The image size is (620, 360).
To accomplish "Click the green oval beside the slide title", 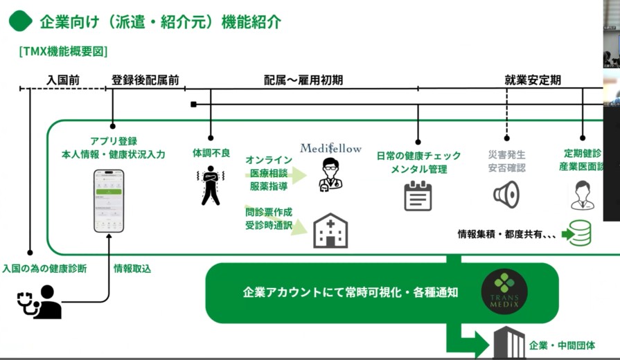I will pyautogui.click(x=21, y=21).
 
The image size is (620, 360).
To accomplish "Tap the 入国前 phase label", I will pyautogui.click(x=63, y=80).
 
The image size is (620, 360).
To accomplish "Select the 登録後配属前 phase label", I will pyautogui.click(x=145, y=80).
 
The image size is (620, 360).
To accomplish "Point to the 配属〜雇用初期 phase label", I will pyautogui.click(x=303, y=80).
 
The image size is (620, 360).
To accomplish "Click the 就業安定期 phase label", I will pyautogui.click(x=532, y=80).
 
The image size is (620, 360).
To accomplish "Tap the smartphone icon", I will pyautogui.click(x=109, y=201).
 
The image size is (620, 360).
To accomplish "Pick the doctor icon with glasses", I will pyautogui.click(x=330, y=175).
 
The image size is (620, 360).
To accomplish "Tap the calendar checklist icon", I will pyautogui.click(x=418, y=195).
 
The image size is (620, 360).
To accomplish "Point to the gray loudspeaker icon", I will pyautogui.click(x=506, y=195).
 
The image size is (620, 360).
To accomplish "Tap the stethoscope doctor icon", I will pyautogui.click(x=39, y=302).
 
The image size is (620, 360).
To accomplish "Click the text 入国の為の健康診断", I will pyautogui.click(x=44, y=269).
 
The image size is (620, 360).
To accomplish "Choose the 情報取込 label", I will pyautogui.click(x=132, y=269).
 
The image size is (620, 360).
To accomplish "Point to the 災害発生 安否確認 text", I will pyautogui.click(x=506, y=161).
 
